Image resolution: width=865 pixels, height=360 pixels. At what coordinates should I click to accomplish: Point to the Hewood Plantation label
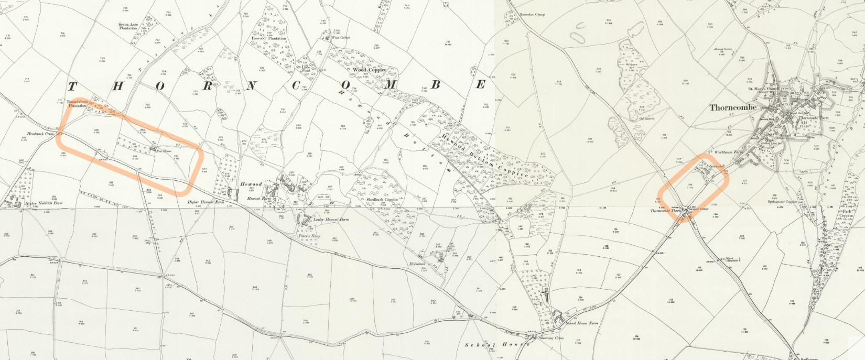click(x=269, y=38)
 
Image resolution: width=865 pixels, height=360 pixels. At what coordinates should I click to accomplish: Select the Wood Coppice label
click(x=370, y=70)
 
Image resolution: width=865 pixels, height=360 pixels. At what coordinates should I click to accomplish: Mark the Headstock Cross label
click(x=42, y=134)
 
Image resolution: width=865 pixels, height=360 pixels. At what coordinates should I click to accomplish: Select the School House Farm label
click(x=582, y=324)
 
